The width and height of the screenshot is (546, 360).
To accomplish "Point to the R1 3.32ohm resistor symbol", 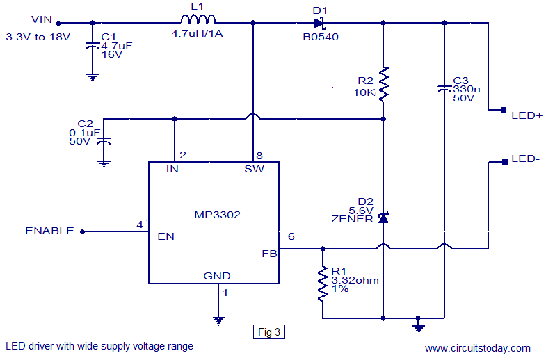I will (x=323, y=283).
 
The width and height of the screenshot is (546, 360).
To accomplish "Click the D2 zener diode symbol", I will (x=383, y=218).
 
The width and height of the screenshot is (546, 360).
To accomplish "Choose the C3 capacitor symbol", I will (x=444, y=88).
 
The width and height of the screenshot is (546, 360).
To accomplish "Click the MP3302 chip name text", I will (x=216, y=215).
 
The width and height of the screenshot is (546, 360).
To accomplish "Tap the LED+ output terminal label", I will (x=527, y=115).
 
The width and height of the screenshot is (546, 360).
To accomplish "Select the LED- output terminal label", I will (x=525, y=159).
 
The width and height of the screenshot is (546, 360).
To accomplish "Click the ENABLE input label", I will (x=49, y=231).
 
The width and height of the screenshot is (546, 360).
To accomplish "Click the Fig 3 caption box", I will (x=268, y=332).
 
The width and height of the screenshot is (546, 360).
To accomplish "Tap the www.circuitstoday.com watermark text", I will (x=477, y=348).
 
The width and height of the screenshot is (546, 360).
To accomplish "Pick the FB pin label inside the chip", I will (x=269, y=254).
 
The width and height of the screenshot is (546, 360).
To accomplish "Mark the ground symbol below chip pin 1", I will (x=218, y=320).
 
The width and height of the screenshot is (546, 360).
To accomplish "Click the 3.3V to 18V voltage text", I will (x=38, y=36).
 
